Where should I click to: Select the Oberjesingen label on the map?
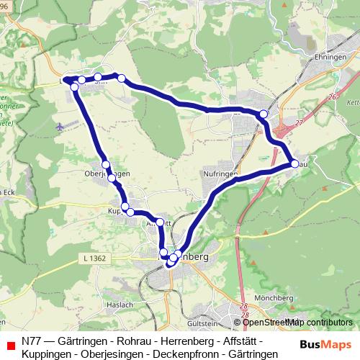[x=107, y=174]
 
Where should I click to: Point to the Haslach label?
[x=122, y=305]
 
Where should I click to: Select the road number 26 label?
[x=332, y=96]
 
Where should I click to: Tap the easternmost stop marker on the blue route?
[x=294, y=164]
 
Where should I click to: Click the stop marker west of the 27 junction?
[x=264, y=114]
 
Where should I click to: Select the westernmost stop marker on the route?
[x=67, y=80]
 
